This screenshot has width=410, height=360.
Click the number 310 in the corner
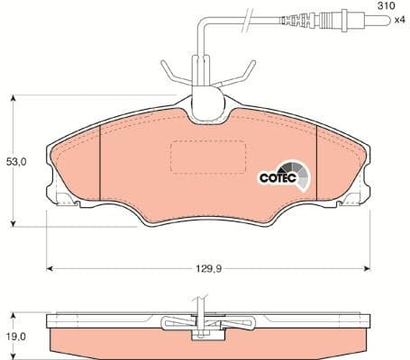click(386, 5)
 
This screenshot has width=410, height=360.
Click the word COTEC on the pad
click(278, 177)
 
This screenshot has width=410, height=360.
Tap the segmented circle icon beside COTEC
click(296, 172)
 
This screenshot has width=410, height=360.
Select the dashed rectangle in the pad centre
click(203, 158)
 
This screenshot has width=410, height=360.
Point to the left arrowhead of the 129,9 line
click(50, 267)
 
